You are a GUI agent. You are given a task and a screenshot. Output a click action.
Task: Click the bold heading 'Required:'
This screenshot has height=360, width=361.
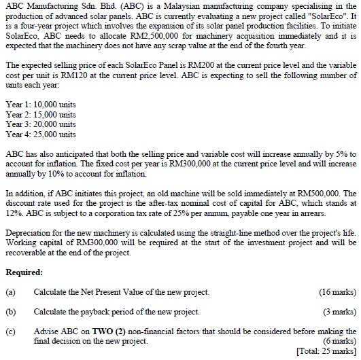click(26, 272)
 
